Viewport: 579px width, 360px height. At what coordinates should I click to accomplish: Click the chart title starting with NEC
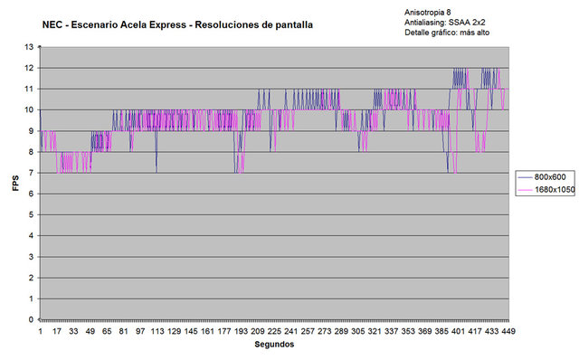point(177,25)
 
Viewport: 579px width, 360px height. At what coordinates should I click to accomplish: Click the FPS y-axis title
point(15,183)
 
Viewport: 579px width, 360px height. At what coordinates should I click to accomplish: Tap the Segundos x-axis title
point(274,345)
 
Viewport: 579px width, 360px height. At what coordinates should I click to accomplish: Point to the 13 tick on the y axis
point(29,47)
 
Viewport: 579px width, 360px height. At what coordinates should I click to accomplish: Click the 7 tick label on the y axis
point(31,173)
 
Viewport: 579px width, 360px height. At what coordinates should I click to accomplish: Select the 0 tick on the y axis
point(31,320)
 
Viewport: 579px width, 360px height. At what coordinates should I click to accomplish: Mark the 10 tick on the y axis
point(29,109)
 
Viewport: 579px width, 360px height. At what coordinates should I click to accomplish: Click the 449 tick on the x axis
point(508,331)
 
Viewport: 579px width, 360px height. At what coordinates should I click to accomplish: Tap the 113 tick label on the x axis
point(157,331)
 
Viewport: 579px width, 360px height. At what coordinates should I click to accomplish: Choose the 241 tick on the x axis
point(290,331)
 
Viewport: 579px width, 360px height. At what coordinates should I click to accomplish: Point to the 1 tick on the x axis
point(40,331)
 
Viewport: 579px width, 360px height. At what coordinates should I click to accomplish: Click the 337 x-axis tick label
point(391,331)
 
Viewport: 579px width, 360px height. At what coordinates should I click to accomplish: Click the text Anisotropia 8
point(428,13)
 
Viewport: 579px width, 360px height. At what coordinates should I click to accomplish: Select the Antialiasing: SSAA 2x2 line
point(445,23)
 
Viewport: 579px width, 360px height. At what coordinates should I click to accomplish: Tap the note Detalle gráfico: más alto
point(447,33)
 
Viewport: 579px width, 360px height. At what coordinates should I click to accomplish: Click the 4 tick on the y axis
point(31,235)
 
